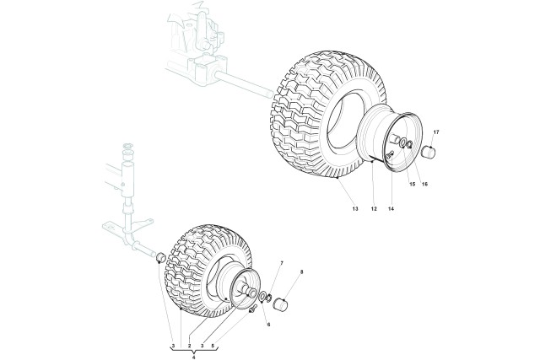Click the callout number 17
436,132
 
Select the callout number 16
424,184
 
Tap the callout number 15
413,184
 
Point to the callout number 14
391,208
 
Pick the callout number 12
374,208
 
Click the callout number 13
355,208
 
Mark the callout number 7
282,263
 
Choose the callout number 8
302,271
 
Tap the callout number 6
268,325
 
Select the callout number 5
213,345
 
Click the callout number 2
189,345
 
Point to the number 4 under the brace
194,357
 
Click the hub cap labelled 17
429,152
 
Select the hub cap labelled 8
279,304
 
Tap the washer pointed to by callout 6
262,296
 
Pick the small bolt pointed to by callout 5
252,309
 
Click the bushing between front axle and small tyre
161,257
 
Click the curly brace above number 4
194,351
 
